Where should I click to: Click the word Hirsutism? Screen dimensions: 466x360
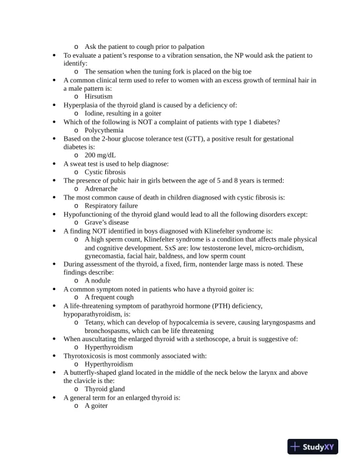[98, 96]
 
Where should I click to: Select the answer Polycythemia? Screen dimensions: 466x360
[104, 130]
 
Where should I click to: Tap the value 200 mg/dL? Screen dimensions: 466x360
[101, 155]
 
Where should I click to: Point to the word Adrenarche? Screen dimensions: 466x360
[101, 189]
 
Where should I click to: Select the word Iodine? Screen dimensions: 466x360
[95, 113]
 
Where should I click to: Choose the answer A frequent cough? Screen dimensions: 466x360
[109, 297]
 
